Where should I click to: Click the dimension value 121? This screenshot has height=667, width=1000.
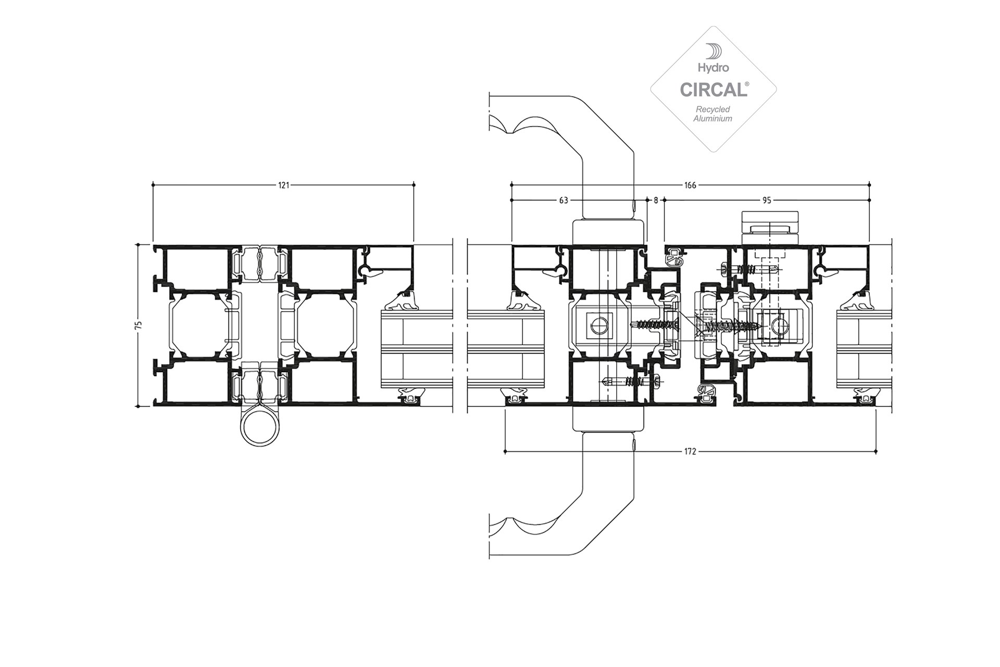pyautogui.click(x=283, y=185)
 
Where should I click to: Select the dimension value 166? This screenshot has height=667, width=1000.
pyautogui.click(x=690, y=185)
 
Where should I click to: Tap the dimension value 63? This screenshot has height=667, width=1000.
pyautogui.click(x=564, y=200)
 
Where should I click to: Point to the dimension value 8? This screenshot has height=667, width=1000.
pyautogui.click(x=656, y=200)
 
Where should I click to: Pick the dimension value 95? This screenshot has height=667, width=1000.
pyautogui.click(x=767, y=200)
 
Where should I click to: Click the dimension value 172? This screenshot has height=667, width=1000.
pyautogui.click(x=690, y=452)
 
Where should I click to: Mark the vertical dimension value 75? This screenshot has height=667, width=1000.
pyautogui.click(x=139, y=325)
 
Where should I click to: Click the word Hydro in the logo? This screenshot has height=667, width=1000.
pyautogui.click(x=714, y=68)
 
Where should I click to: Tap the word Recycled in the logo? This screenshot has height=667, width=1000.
pyautogui.click(x=713, y=109)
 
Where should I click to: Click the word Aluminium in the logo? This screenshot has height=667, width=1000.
pyautogui.click(x=713, y=118)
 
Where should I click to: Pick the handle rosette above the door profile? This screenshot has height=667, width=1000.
pyautogui.click(x=608, y=232)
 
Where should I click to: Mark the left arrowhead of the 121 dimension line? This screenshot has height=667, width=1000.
pyautogui.click(x=153, y=185)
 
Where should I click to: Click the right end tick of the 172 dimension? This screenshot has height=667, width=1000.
pyautogui.click(x=876, y=452)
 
